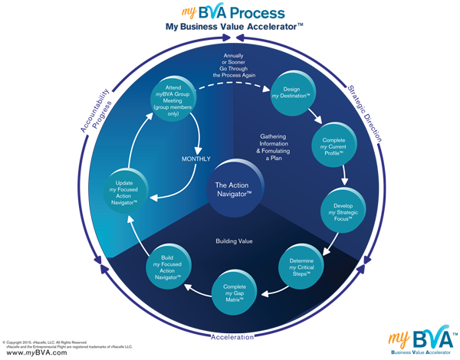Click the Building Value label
[x=235, y=243]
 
